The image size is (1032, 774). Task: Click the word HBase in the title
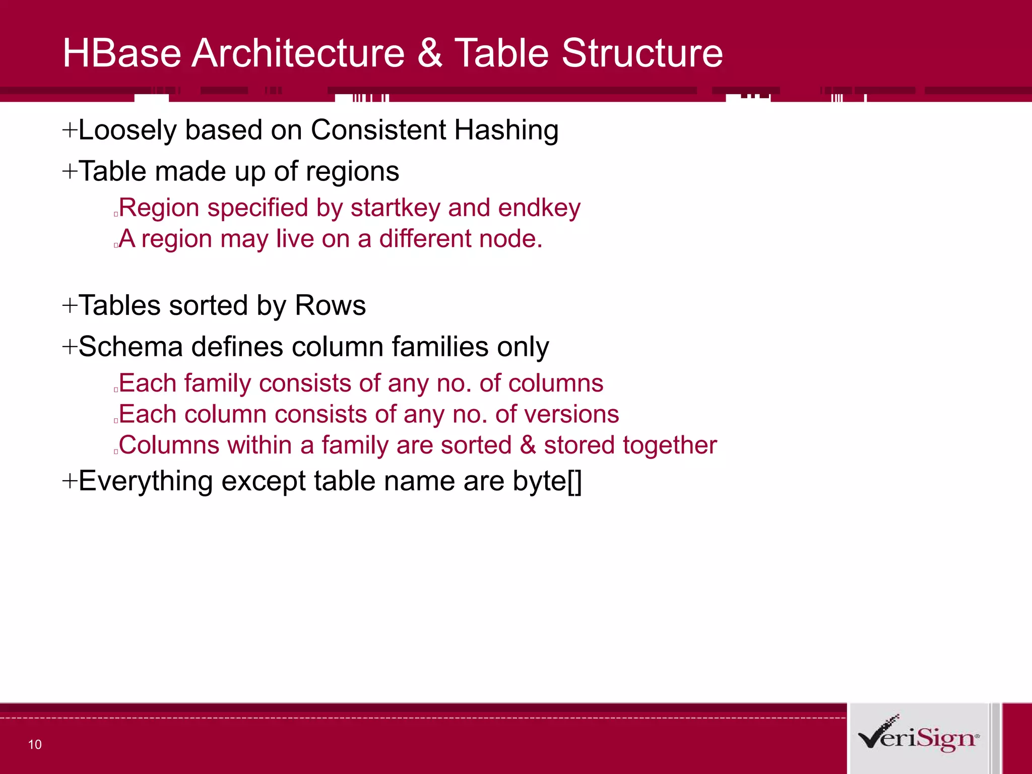click(121, 53)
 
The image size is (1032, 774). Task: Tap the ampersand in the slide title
click(429, 53)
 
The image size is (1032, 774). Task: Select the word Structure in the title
click(642, 53)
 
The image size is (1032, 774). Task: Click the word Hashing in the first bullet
click(506, 130)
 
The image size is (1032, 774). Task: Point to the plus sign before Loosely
click(70, 131)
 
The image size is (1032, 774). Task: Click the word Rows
click(330, 305)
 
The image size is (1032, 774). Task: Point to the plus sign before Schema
click(70, 347)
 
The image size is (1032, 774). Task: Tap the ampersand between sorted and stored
click(528, 445)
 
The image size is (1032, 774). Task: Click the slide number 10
click(35, 745)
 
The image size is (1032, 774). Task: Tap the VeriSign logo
click(918, 737)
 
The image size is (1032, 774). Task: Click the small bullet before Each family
click(116, 390)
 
